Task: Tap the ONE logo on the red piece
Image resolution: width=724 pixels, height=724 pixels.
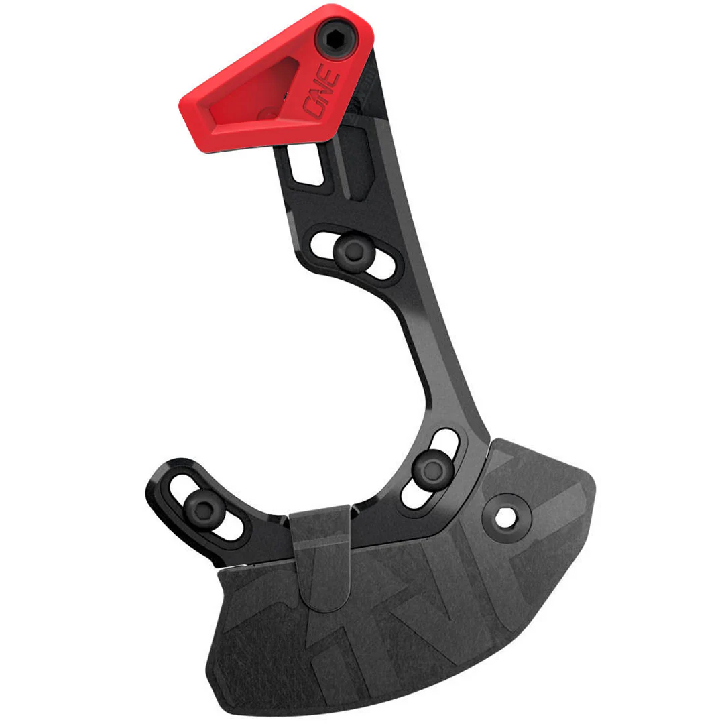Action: coord(322,92)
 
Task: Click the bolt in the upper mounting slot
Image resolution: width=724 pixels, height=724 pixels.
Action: coord(354,250)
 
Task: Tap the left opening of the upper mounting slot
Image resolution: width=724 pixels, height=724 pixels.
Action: coord(322,244)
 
